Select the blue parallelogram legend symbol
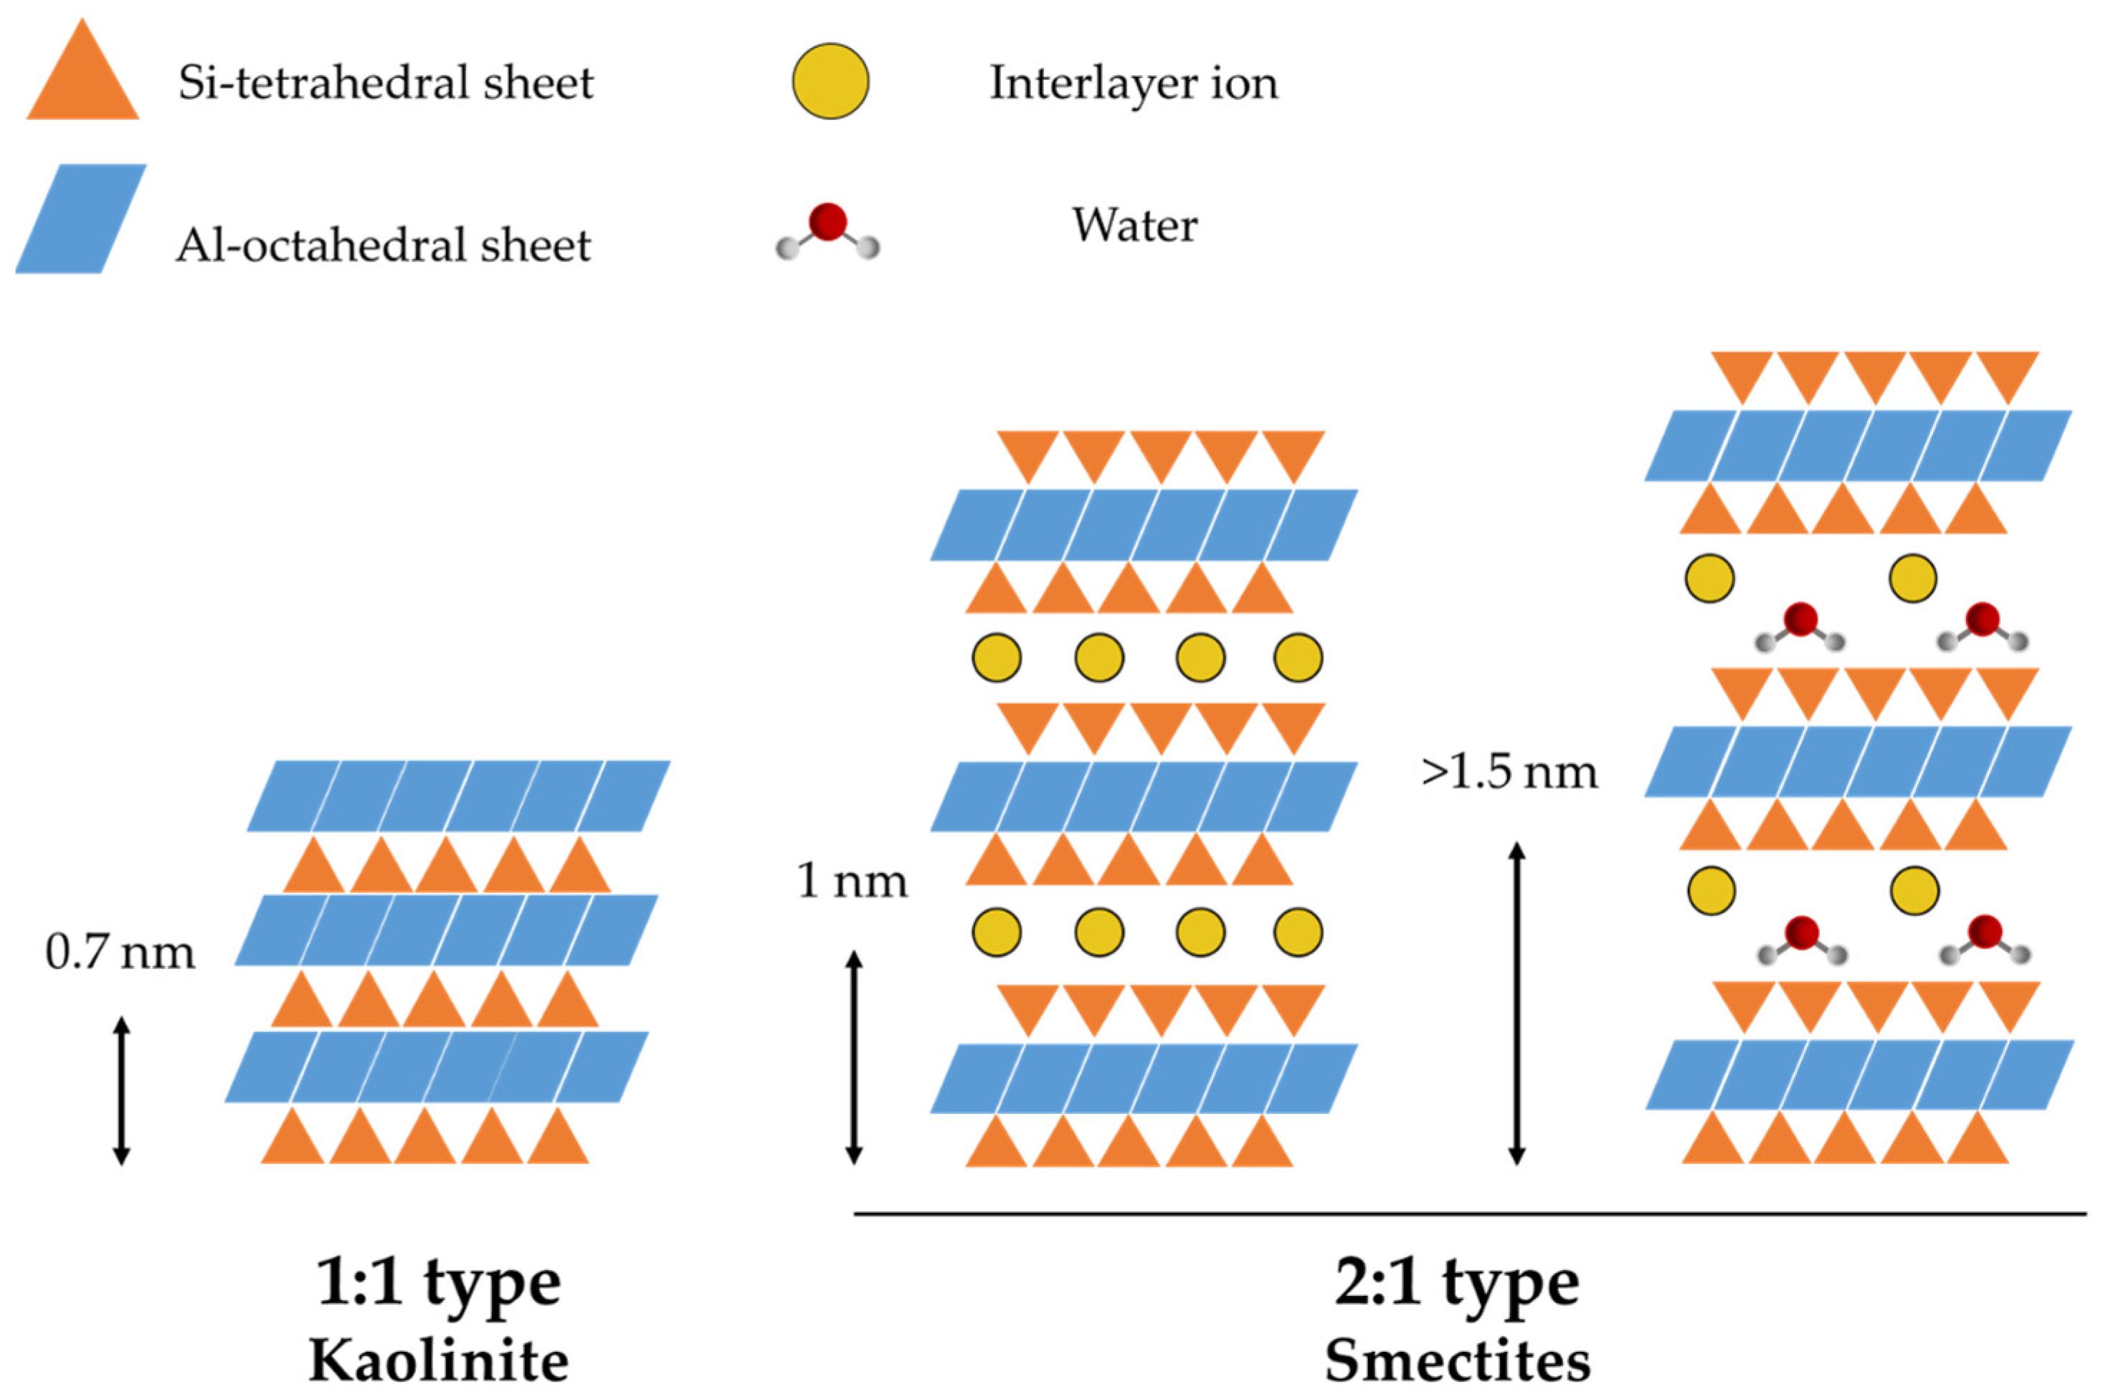click(81, 219)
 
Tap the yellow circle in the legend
click(830, 81)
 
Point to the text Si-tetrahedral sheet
click(385, 84)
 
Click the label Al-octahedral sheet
click(383, 245)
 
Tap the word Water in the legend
click(1134, 225)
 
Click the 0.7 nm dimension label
click(120, 953)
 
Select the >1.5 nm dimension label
click(1509, 771)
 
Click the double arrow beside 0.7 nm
click(122, 1092)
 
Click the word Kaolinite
click(438, 1361)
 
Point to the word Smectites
click(1457, 1361)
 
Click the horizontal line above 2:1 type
click(1470, 1214)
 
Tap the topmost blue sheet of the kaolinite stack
click(458, 796)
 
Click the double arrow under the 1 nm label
click(853, 1057)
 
